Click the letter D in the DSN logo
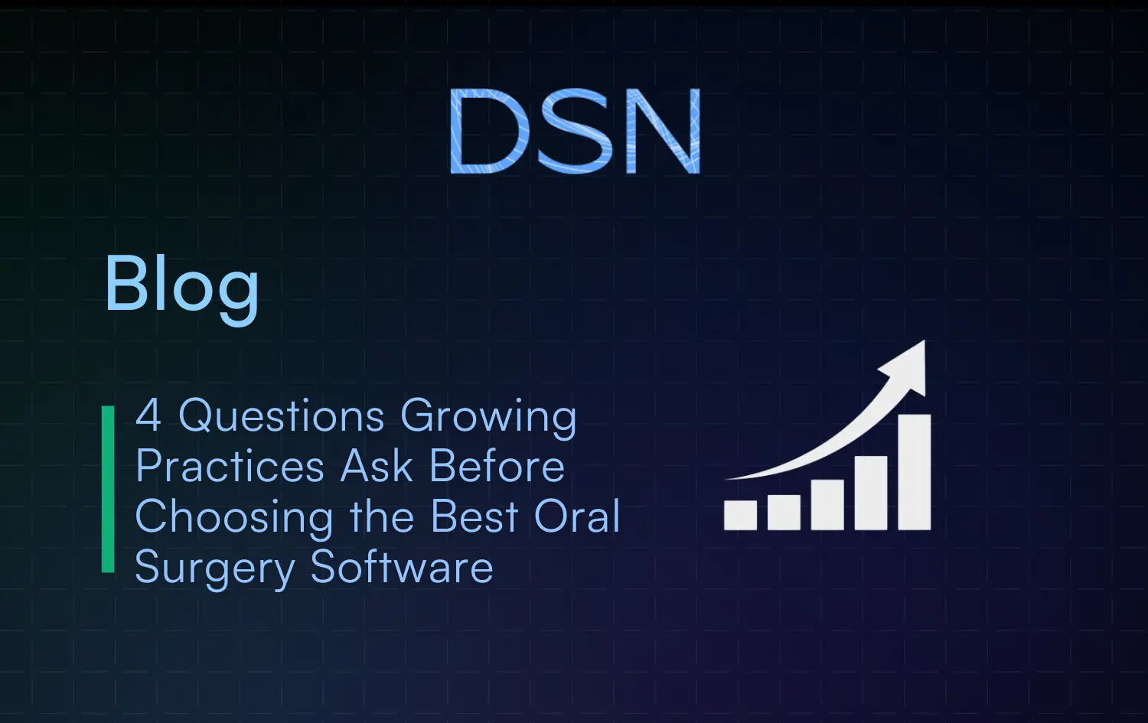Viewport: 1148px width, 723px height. point(488,131)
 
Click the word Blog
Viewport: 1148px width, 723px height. point(181,285)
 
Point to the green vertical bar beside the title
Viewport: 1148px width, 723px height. point(108,489)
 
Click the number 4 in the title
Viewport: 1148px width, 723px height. point(148,415)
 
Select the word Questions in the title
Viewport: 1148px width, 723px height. point(281,417)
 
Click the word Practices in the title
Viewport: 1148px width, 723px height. point(230,467)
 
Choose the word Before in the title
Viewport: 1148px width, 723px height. point(497,467)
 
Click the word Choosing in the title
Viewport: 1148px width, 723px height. point(233,518)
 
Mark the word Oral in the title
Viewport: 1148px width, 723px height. point(576,516)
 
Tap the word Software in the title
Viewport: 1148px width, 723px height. point(402,568)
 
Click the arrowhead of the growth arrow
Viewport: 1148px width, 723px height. point(908,363)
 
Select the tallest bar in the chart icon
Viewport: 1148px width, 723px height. point(914,472)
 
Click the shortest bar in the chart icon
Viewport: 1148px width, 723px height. point(740,515)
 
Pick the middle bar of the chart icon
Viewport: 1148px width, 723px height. point(827,504)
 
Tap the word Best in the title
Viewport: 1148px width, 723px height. point(475,516)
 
